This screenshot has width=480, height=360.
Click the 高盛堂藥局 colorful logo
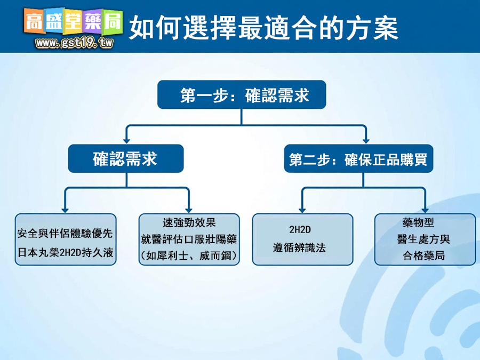(x=74, y=21)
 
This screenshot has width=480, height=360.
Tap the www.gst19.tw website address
(x=74, y=43)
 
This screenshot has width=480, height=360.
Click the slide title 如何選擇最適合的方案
(x=263, y=28)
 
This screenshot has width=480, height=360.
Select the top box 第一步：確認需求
(x=242, y=94)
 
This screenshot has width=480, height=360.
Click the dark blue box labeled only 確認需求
(x=126, y=158)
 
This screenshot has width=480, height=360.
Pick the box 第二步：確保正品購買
(x=358, y=158)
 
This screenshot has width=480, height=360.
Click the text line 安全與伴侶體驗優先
(x=65, y=233)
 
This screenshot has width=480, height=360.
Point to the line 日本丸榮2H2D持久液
(x=65, y=253)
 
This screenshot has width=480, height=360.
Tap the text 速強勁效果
(x=189, y=222)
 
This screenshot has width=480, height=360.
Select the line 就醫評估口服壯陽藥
(x=189, y=239)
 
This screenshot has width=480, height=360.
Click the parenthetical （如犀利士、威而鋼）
(x=189, y=255)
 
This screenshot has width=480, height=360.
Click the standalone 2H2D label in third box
(x=300, y=229)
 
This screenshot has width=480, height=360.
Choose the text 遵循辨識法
(x=299, y=247)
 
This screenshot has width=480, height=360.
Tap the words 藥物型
(x=419, y=222)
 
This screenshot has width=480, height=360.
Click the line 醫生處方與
(x=423, y=239)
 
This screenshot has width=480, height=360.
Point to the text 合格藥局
(x=423, y=255)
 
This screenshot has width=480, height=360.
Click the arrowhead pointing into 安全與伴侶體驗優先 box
(x=65, y=210)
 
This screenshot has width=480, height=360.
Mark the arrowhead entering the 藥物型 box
(x=425, y=210)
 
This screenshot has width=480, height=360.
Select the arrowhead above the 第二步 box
(x=366, y=141)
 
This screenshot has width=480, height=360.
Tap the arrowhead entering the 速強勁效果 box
(x=189, y=210)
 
